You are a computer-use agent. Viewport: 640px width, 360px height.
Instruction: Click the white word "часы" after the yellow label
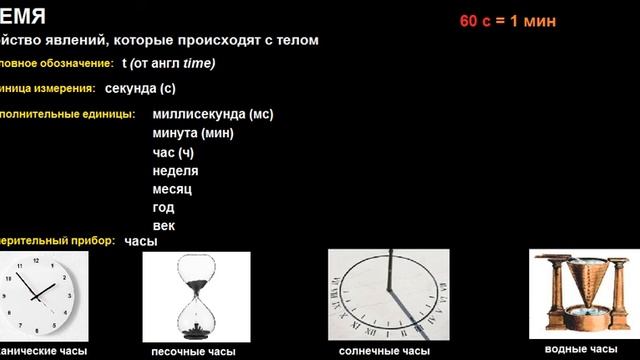(141, 241)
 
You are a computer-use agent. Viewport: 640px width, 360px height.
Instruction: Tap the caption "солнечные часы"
(385, 352)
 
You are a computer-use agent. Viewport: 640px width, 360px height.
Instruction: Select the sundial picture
(385, 293)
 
